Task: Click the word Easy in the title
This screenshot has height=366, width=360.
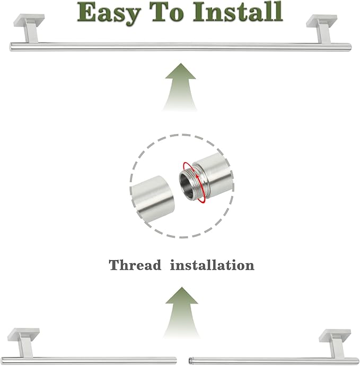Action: click(109, 13)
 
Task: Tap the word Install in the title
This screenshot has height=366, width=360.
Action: click(238, 12)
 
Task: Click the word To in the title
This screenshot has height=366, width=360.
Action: click(166, 12)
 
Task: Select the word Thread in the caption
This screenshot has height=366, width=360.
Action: click(135, 265)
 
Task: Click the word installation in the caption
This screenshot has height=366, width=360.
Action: click(212, 265)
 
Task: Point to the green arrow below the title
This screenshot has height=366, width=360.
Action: click(180, 87)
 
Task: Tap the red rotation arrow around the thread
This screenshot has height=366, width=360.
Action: click(195, 182)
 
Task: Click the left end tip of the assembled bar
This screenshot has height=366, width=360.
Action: click(10, 47)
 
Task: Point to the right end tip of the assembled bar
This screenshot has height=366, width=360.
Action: click(350, 47)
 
